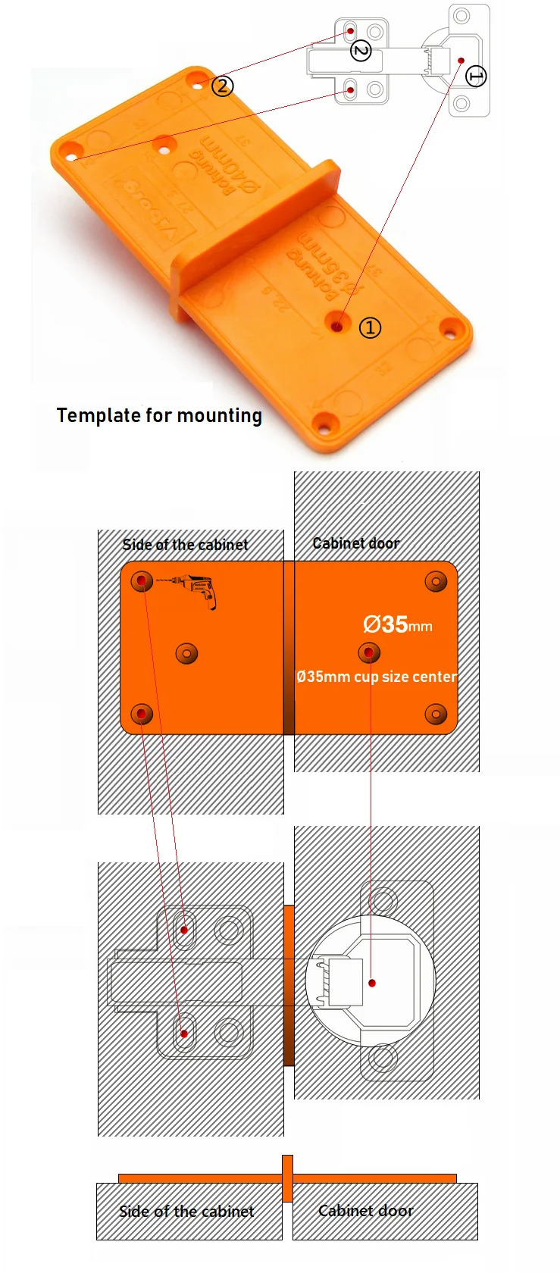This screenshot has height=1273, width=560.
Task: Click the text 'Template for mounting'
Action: (x=159, y=415)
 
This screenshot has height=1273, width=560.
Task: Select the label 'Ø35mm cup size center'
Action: (x=377, y=677)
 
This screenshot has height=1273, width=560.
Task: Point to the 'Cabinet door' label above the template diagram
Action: (x=355, y=543)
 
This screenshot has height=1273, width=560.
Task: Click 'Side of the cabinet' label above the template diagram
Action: (x=185, y=545)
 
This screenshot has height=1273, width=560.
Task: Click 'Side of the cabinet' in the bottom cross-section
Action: (x=186, y=1212)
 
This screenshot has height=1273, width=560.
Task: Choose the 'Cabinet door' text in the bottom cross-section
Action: (x=366, y=1211)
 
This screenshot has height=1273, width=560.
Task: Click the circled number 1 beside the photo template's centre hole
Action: (x=370, y=328)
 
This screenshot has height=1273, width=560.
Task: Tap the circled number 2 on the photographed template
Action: (x=222, y=86)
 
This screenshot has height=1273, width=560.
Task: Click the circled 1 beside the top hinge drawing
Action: (x=476, y=76)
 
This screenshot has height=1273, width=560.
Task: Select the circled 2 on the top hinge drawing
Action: (x=361, y=51)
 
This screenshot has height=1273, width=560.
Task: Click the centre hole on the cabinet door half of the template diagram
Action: (x=369, y=652)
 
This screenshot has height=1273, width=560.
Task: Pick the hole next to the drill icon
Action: (x=142, y=582)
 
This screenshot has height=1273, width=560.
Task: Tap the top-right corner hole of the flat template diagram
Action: (x=436, y=582)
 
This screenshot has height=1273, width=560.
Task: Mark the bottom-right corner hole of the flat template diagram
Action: (x=436, y=714)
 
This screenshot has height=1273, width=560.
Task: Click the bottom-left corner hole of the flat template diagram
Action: (x=142, y=714)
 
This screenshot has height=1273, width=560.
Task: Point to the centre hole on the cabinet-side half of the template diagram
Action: (x=186, y=652)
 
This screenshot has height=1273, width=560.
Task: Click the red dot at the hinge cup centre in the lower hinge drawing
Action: (x=372, y=983)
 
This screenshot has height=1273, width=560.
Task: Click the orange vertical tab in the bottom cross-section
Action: (x=287, y=1178)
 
